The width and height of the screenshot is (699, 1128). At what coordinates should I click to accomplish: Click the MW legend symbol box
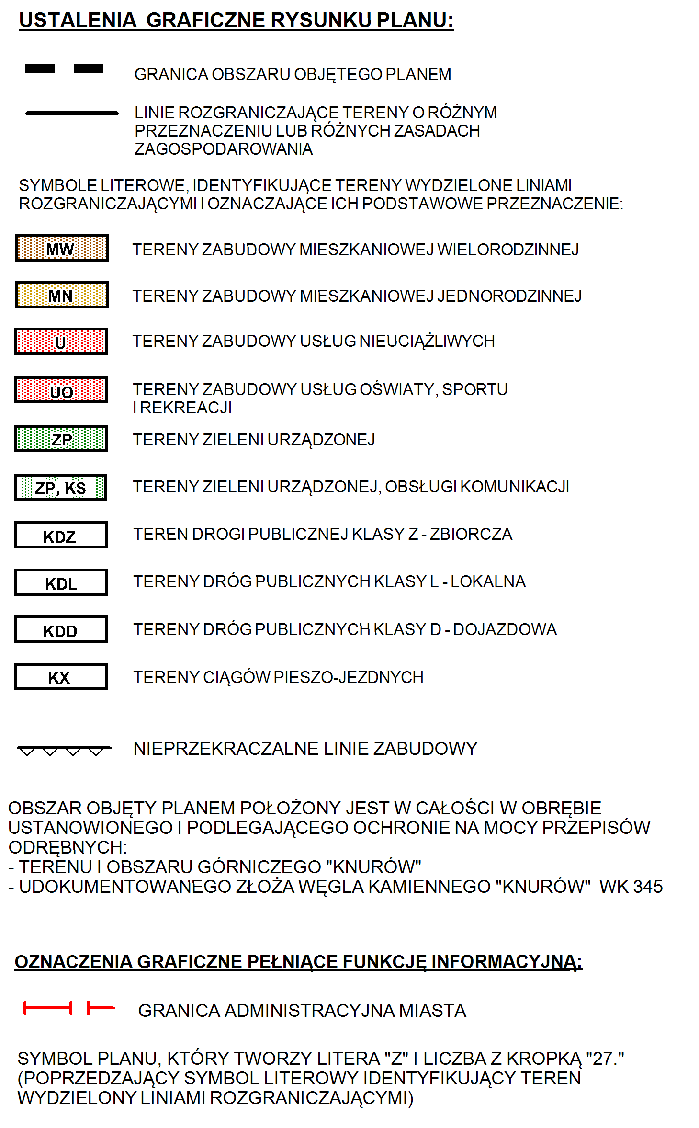pos(62,248)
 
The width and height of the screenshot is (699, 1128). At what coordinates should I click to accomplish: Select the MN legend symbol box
pos(62,295)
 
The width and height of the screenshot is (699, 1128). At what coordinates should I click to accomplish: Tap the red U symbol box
pos(61,341)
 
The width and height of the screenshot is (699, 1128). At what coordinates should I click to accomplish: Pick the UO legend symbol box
pos(61,389)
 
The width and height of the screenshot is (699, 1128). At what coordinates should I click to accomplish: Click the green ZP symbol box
pos(61,438)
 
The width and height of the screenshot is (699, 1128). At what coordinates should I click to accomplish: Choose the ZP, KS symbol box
pos(61,487)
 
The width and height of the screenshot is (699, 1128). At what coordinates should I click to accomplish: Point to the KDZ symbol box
pos(61,535)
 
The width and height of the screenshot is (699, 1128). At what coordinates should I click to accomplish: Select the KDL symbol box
pos(61,582)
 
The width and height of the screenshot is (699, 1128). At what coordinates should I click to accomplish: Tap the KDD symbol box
pos(61,629)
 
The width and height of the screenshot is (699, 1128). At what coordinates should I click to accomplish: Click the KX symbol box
pos(61,676)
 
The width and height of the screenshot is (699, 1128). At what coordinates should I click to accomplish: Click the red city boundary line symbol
pos(69,1008)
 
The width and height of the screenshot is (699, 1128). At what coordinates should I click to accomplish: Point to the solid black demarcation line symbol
pos(72,113)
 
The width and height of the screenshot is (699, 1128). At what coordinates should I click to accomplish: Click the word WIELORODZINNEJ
pos(508,250)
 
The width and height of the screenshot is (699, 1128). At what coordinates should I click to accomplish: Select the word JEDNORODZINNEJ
pos(509,296)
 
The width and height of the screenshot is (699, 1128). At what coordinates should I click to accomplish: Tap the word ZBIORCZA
pos(471,534)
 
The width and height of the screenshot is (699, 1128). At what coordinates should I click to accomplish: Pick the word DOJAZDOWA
pos(505,629)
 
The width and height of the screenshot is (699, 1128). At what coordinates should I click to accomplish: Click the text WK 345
pos(631,887)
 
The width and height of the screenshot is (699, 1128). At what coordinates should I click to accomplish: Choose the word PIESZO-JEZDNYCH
pos(349,677)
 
